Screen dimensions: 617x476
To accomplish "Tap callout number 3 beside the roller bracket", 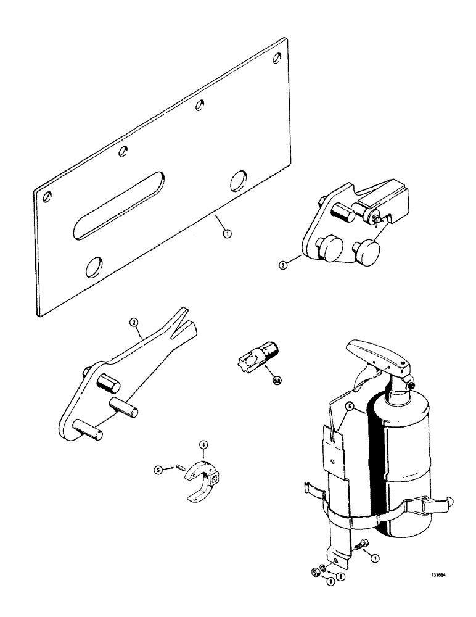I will pos(283,265).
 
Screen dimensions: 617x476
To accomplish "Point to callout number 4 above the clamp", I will pos(203,444).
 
